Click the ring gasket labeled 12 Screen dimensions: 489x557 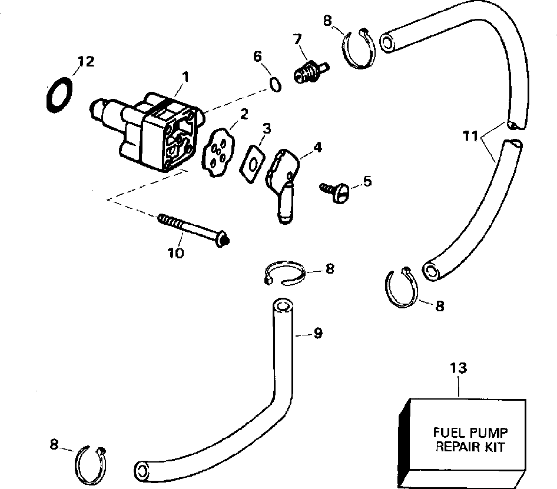pyautogui.click(x=59, y=95)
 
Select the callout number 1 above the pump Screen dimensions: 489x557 pyautogui.click(x=185, y=76)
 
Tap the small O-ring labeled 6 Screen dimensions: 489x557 pyautogui.click(x=274, y=84)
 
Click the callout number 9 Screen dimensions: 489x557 pyautogui.click(x=319, y=334)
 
